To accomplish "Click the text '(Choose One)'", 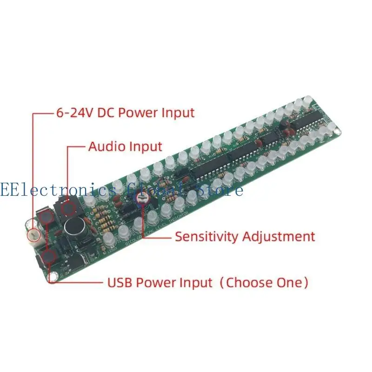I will coord(264,282).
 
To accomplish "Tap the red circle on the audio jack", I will coord(69,206).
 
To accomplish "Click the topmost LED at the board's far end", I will coord(307,100).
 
